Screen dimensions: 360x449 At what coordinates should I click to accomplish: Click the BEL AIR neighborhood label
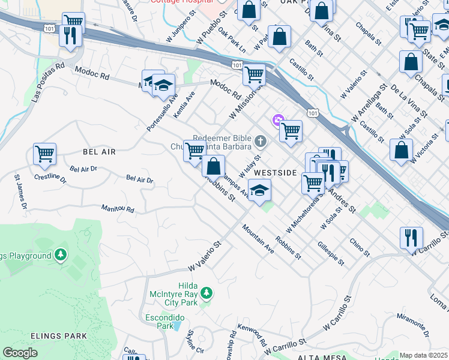[99, 152]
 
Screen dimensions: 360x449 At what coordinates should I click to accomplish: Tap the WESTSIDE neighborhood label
[276, 172]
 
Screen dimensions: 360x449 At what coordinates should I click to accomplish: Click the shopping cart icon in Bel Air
[45, 155]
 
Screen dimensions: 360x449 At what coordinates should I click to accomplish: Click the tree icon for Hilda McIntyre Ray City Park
[206, 293]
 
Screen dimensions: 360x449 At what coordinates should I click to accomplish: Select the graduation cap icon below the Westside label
[259, 191]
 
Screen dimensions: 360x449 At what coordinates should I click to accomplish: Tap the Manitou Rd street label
[118, 209]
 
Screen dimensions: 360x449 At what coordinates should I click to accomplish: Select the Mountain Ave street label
[258, 239]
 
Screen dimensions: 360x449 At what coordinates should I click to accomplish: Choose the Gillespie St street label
[331, 254]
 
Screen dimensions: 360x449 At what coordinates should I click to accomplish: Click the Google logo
[20, 353]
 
